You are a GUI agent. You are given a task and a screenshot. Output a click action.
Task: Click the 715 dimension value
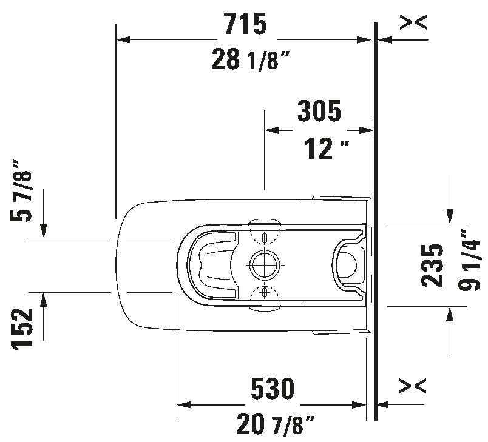coord(245,24)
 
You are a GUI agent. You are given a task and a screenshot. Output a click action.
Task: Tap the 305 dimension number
coord(319,112)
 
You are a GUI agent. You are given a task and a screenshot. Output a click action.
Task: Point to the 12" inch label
coord(327,149)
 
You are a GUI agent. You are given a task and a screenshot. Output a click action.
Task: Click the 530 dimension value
coord(273,389)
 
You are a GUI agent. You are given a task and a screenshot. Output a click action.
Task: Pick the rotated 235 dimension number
coord(432,266)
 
